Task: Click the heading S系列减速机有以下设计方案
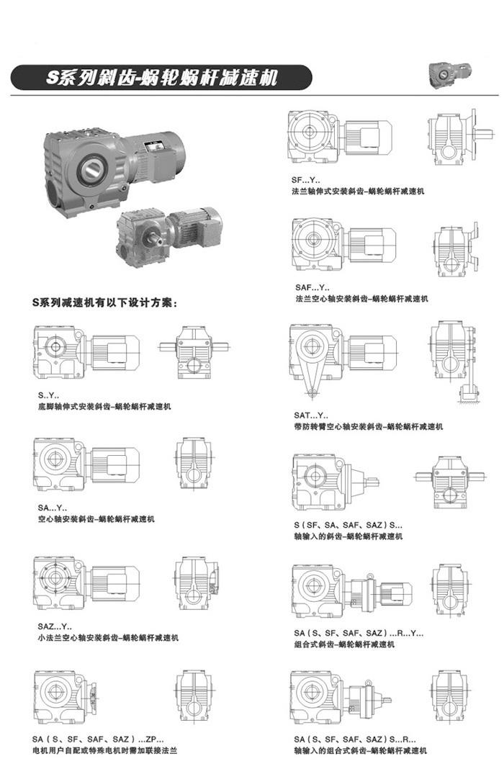[104, 304]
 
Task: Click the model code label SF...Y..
[306, 181]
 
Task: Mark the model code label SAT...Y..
[310, 415]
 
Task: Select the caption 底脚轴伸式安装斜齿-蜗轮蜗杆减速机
[104, 407]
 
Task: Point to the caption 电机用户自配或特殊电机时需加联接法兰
[104, 750]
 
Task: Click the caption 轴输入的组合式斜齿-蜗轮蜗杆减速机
[360, 750]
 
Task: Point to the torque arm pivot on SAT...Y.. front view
[312, 393]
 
